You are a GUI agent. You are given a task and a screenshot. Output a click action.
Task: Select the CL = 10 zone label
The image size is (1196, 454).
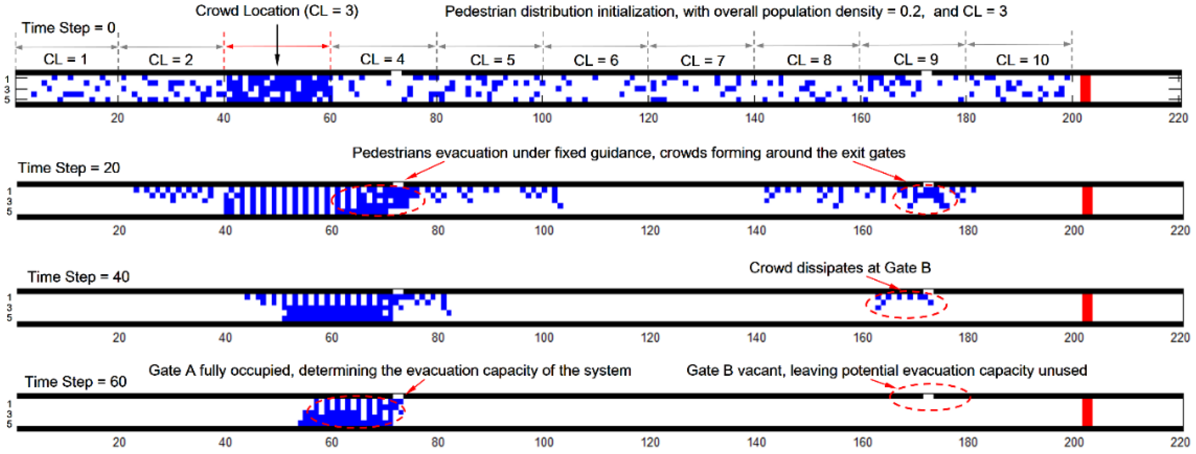click(x=1022, y=60)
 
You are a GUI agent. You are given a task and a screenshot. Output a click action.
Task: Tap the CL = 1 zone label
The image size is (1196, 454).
click(x=65, y=59)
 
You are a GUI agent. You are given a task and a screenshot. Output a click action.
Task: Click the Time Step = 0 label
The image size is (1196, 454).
click(x=69, y=28)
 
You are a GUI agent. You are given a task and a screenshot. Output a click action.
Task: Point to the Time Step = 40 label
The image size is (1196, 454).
click(x=78, y=277)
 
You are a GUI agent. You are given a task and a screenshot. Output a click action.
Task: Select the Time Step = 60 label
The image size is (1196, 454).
click(x=76, y=381)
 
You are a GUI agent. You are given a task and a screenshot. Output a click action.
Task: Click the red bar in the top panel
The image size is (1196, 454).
click(x=1086, y=88)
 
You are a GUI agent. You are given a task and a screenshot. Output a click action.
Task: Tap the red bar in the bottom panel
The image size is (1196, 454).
click(x=1087, y=412)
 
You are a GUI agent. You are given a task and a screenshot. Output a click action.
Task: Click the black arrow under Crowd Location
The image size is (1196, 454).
click(x=277, y=44)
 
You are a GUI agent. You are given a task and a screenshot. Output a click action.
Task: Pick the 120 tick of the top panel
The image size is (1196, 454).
click(x=648, y=118)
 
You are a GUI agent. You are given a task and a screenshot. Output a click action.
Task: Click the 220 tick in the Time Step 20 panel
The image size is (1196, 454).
click(x=1180, y=231)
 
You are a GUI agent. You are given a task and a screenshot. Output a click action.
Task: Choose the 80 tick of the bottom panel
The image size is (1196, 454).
click(x=437, y=442)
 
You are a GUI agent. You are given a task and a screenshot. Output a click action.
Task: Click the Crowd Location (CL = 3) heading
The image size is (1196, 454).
click(x=277, y=11)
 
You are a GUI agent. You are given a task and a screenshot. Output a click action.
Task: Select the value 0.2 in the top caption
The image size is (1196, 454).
click(x=910, y=12)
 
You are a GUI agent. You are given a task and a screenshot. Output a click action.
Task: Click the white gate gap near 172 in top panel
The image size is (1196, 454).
click(x=926, y=73)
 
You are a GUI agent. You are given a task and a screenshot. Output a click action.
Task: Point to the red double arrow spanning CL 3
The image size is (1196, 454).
click(x=277, y=46)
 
